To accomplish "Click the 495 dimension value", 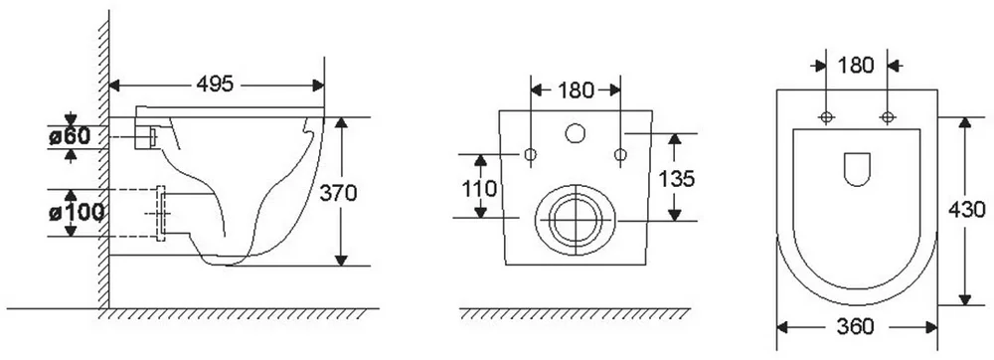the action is pos(215,84).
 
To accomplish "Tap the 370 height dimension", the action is pos(338,193).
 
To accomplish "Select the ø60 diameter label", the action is pos(70,135).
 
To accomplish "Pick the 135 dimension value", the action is pos(676,179).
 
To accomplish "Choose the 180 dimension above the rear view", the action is pos(577,90).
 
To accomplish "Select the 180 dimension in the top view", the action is pos(856,66).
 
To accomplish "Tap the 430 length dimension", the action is pos(967,209).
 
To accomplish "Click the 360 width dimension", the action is pos(855,326).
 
